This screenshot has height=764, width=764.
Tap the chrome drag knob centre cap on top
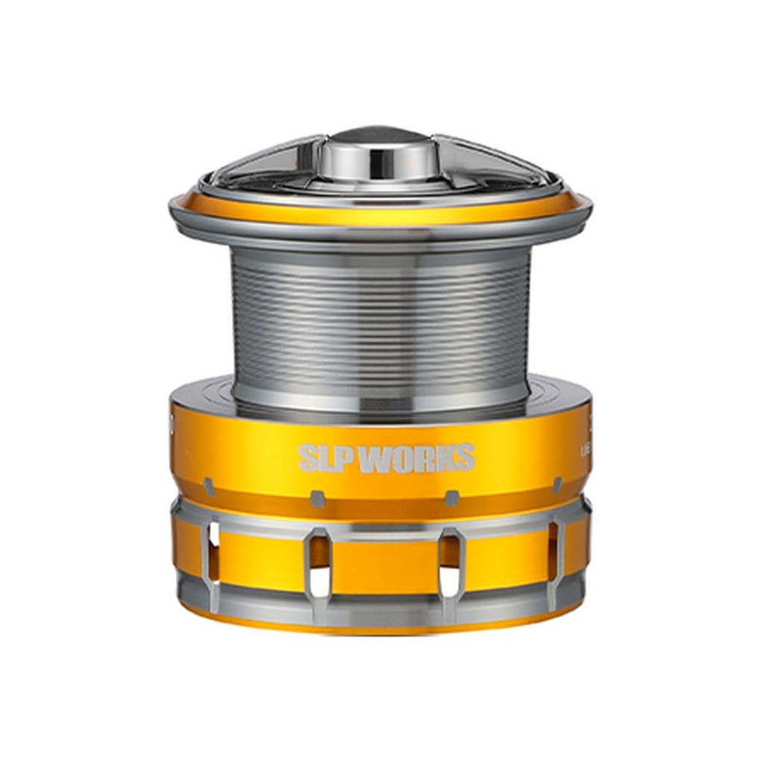[x=379, y=150]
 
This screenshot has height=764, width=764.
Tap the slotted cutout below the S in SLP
[x=319, y=563]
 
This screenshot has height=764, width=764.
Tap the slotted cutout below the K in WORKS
[x=451, y=564]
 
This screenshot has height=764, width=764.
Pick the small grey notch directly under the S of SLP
[x=318, y=498]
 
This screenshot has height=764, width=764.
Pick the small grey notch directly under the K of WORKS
[x=451, y=498]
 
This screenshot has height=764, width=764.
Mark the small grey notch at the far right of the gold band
[x=557, y=485]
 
